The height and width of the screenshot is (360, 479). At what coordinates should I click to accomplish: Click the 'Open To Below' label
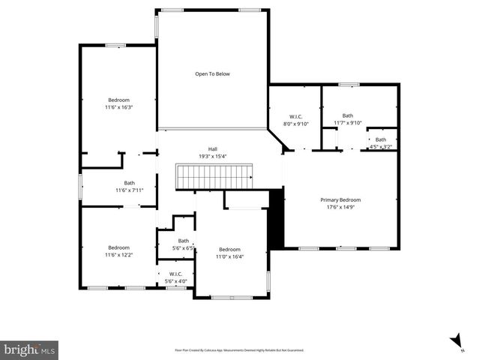[x=212, y=73]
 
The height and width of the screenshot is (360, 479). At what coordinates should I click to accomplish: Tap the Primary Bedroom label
[x=340, y=199]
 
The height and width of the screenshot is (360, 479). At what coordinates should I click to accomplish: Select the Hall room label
[x=212, y=148]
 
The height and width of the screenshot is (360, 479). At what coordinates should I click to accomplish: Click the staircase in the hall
[x=214, y=177]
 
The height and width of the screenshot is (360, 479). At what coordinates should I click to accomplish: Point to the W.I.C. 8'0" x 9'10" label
[x=295, y=116]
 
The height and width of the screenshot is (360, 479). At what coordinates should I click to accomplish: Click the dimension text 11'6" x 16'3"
[x=118, y=107]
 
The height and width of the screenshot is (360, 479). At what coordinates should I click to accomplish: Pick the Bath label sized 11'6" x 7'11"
[x=130, y=183]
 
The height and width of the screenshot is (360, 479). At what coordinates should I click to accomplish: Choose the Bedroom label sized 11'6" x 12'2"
[x=118, y=247]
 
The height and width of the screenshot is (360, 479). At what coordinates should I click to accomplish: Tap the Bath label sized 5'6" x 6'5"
[x=184, y=241]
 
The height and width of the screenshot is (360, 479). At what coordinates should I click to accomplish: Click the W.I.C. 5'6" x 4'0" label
[x=176, y=274]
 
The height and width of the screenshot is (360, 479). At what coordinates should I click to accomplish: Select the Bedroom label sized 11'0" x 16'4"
[x=229, y=249]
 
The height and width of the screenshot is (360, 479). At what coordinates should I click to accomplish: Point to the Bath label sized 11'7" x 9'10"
[x=348, y=115]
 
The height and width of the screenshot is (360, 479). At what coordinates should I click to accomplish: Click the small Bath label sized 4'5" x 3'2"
[x=381, y=139]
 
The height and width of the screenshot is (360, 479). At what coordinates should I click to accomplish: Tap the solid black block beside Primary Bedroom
[x=275, y=218]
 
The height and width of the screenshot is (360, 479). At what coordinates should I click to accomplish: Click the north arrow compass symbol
[x=457, y=341]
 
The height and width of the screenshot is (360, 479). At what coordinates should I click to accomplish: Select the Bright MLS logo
[x=30, y=349]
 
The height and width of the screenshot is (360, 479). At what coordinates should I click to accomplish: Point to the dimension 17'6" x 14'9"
[x=340, y=207]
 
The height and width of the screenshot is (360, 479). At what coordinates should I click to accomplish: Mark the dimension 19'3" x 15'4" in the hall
[x=212, y=156]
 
